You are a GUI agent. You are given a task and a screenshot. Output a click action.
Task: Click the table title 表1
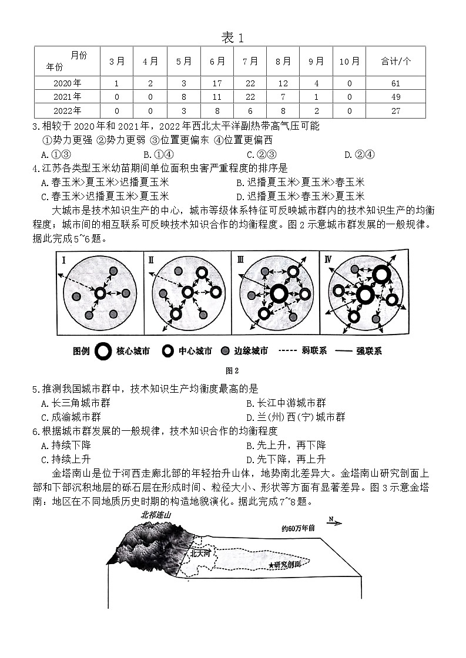[232, 38]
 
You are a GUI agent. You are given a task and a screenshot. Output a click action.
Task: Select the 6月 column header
[217, 61]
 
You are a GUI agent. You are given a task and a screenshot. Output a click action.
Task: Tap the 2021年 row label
[67, 97]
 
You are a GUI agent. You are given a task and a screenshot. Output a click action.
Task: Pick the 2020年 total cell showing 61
[395, 83]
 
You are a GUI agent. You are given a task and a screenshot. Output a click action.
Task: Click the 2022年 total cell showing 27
[395, 110]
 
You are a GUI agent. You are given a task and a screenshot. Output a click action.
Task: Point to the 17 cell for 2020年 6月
[217, 83]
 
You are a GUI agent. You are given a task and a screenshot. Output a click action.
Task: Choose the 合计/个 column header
[395, 61]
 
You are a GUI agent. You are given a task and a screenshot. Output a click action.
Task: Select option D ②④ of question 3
[359, 154]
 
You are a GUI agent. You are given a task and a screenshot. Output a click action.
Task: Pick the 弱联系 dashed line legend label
[317, 351]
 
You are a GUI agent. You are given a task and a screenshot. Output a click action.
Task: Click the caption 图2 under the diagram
[232, 370]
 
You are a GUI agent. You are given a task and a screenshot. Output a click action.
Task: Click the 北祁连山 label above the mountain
[155, 515]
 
